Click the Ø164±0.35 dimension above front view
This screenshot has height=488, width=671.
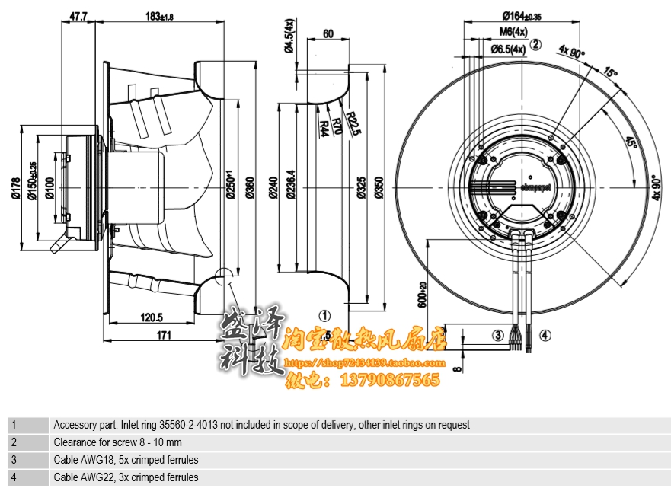click(x=522, y=14)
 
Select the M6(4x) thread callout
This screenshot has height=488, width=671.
click(x=513, y=31)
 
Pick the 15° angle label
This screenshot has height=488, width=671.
click(x=609, y=73)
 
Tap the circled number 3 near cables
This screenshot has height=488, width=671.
click(x=497, y=334)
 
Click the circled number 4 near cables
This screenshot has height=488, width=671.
click(x=545, y=334)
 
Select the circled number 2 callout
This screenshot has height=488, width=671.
click(x=535, y=45)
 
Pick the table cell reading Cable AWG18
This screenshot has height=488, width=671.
click(x=126, y=460)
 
